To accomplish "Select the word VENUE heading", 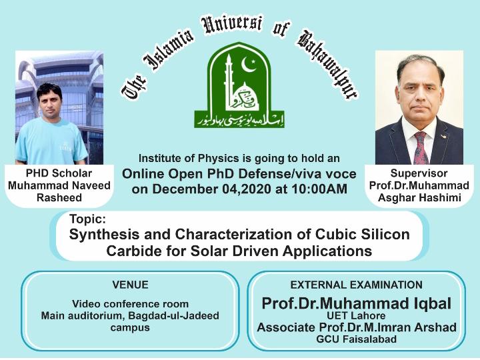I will pos(130,285).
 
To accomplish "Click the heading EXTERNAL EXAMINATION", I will pos(356,285).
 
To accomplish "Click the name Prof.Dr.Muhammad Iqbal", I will pos(356,303).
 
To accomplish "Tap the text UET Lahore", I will pos(356,316).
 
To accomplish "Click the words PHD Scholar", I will pos(59,173).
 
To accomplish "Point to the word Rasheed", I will pos(59,197).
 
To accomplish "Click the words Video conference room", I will pos(130,304).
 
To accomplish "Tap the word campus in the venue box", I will pos(130,327).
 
